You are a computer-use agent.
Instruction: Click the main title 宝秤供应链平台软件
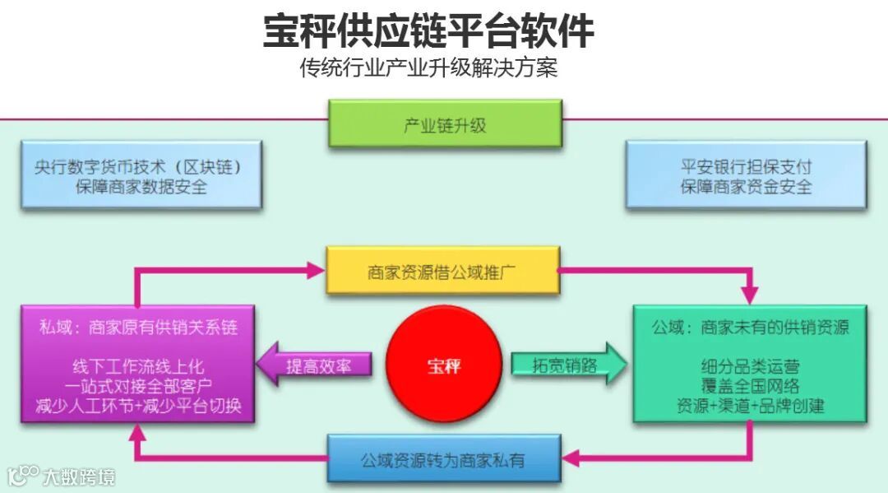[x=428, y=30]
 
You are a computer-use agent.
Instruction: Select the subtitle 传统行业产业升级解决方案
[x=428, y=67]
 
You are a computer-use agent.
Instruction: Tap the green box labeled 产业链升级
[x=445, y=124]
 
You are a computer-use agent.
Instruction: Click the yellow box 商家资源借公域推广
[x=442, y=271]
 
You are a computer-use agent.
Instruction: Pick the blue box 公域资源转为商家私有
[x=442, y=458]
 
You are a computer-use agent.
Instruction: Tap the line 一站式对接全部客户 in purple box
[x=138, y=386]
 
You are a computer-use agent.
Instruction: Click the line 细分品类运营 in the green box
[x=750, y=366]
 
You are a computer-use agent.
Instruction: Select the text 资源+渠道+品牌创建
[x=750, y=406]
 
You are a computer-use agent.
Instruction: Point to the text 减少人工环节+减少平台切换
[x=138, y=407]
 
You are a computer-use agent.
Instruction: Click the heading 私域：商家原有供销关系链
[x=138, y=327]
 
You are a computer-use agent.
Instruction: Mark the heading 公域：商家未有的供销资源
[x=750, y=327]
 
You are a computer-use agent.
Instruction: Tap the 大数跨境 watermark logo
[x=61, y=475]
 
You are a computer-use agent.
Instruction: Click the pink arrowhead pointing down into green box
[x=749, y=294]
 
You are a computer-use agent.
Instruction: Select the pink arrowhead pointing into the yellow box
[x=316, y=268]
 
